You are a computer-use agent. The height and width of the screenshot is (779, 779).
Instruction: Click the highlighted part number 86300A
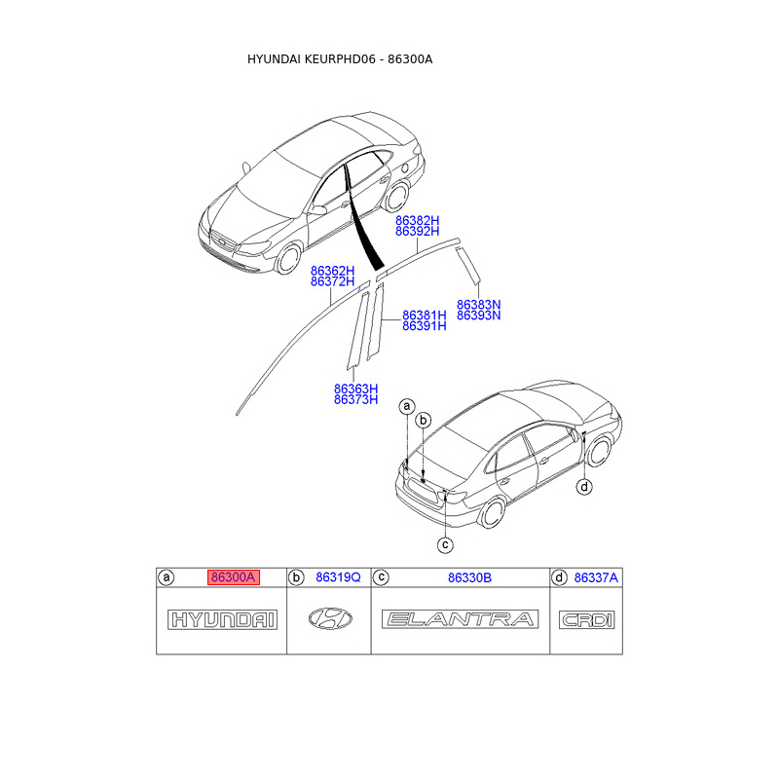pos(233,577)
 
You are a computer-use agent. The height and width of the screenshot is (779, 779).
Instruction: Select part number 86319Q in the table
pos(338,577)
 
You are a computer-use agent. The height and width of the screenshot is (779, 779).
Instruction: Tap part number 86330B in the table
pos(469,577)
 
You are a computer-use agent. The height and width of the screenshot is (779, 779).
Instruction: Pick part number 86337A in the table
pos(596,577)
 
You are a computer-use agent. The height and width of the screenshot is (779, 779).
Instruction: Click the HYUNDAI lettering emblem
pos(223,619)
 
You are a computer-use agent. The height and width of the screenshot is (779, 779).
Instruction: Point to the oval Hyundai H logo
pos(331,618)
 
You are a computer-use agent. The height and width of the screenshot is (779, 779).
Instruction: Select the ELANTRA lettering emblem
pos(461,619)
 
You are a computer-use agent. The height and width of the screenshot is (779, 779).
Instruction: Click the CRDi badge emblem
pos(586,619)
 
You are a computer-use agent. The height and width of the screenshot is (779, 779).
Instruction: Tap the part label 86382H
pos(418,221)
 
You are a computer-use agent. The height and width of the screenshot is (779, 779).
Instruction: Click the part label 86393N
pos(478,315)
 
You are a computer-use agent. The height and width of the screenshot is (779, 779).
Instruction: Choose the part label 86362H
pos(332,270)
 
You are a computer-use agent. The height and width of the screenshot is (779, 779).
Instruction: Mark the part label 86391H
pos(425,326)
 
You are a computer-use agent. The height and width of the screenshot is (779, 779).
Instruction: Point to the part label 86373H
pos(355,399)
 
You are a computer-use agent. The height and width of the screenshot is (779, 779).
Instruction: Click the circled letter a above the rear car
pos(407,405)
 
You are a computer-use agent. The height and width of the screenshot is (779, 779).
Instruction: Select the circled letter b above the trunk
pos(423,421)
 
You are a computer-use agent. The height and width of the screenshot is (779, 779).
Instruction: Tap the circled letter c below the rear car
pos(444,544)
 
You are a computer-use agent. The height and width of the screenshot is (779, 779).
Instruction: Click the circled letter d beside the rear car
pos(584,487)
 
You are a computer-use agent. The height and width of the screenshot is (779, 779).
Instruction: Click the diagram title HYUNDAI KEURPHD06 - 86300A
pos(340,59)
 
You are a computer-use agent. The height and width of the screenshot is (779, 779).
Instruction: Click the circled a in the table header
pos(167,577)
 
